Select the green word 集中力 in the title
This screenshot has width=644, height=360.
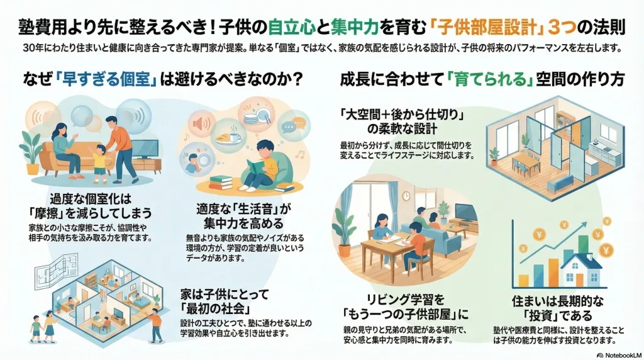(x=352, y=27)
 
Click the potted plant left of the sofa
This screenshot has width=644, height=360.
(x=30, y=148)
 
